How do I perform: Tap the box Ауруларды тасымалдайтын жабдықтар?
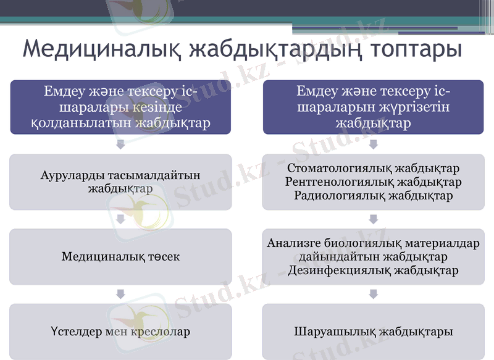pyautogui.click(x=120, y=182)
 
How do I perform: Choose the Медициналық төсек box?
pyautogui.click(x=120, y=256)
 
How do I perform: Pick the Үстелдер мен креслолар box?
pyautogui.click(x=120, y=332)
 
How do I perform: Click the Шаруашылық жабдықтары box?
pyautogui.click(x=374, y=332)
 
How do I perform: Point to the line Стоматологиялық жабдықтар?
pyautogui.click(x=374, y=169)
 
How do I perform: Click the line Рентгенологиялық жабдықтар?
pyautogui.click(x=374, y=182)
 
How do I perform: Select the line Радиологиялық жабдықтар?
pyautogui.click(x=374, y=196)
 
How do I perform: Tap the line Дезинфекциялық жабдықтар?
pyautogui.click(x=374, y=270)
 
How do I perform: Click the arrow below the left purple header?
pyautogui.click(x=121, y=144)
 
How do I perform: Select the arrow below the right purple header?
pyautogui.click(x=374, y=144)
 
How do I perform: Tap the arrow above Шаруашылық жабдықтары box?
pyautogui.click(x=374, y=294)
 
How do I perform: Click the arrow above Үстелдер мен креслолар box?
pyautogui.click(x=121, y=294)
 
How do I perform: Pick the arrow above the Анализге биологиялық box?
pyautogui.click(x=374, y=219)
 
